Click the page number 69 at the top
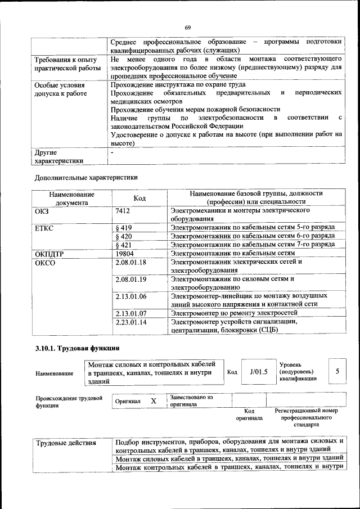(188, 28)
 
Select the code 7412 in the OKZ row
(123, 210)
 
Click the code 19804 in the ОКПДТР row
(124, 254)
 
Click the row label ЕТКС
(44, 228)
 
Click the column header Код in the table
(139, 198)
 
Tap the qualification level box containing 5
(337, 371)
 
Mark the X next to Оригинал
(153, 401)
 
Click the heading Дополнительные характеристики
(86, 177)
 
